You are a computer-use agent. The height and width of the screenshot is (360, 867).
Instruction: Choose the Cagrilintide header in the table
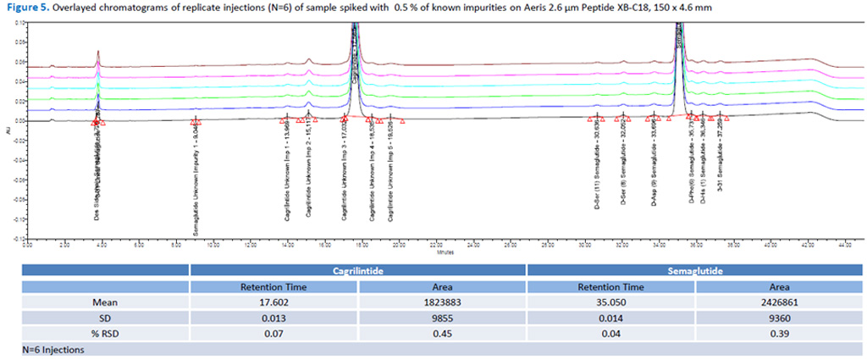(358, 269)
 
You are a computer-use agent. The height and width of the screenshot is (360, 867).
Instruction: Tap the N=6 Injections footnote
(52, 349)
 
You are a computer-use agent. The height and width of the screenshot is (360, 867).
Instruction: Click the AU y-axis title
(8, 136)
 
